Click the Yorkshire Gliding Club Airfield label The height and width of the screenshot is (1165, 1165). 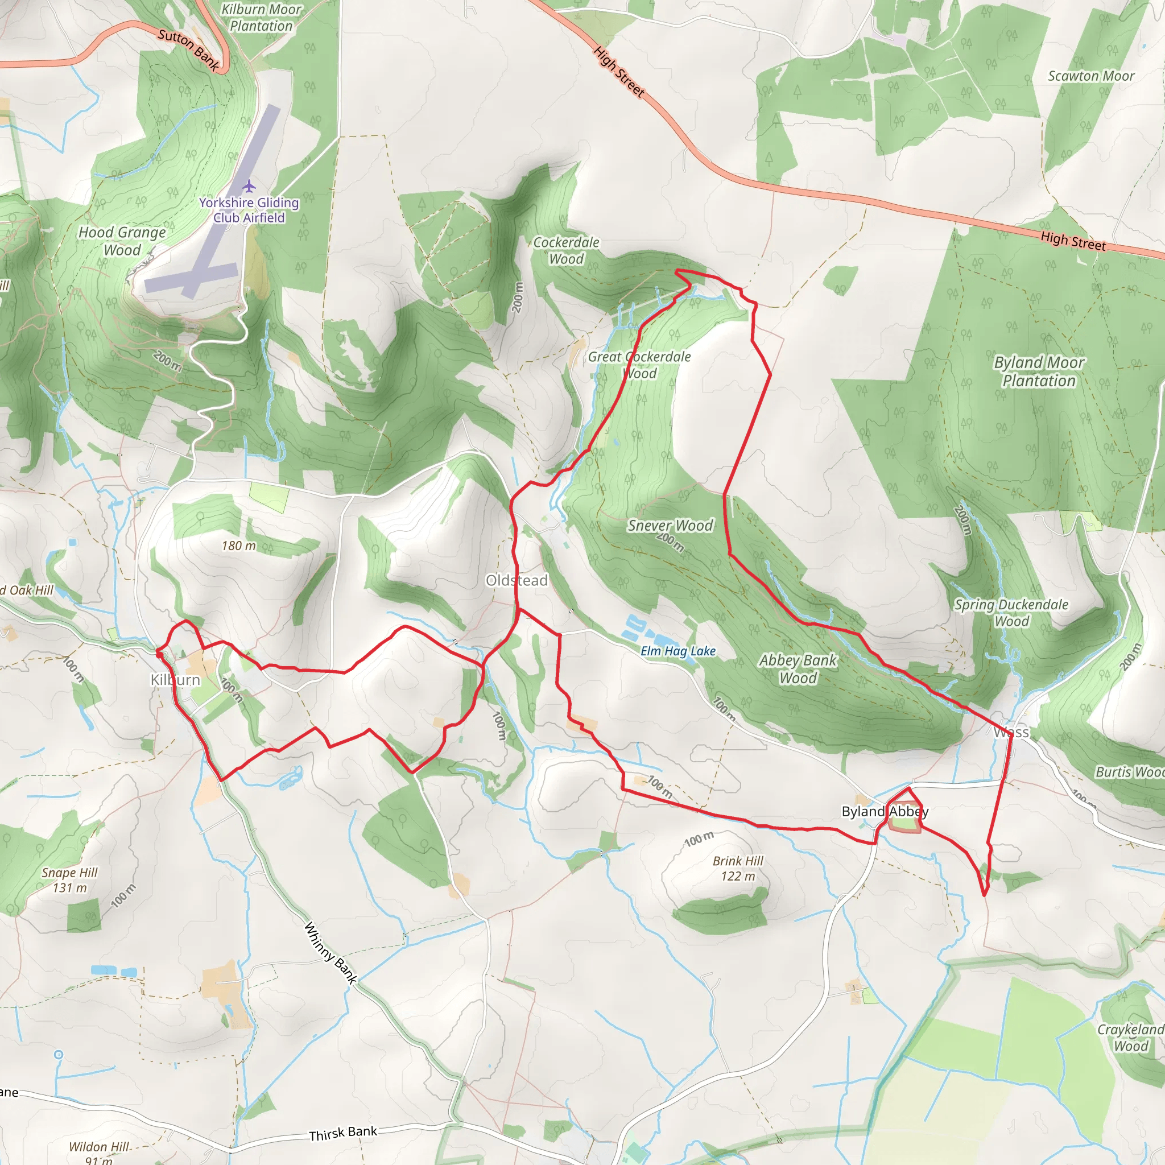tap(249, 210)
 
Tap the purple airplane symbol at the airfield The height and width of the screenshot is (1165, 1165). tap(249, 185)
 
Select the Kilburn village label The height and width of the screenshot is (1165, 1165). tap(175, 680)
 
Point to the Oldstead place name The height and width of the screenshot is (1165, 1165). tap(517, 580)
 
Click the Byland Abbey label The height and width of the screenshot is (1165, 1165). tap(885, 812)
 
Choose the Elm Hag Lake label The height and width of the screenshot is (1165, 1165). tap(677, 651)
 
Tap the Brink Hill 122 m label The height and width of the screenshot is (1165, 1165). tap(738, 868)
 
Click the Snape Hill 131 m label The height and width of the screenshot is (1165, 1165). tap(70, 880)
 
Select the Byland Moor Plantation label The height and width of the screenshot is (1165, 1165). tap(1038, 371)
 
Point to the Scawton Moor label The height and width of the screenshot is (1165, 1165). tap(1091, 76)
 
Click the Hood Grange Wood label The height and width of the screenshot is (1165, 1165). tap(122, 241)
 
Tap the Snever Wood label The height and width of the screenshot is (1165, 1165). tap(670, 526)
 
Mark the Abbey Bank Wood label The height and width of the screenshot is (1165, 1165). tap(798, 669)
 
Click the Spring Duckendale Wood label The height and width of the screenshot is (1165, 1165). tap(1011, 612)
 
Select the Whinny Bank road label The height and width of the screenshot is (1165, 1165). tap(331, 953)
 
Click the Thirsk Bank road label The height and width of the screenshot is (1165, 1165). tap(343, 1133)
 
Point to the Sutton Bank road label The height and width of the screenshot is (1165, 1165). tap(188, 51)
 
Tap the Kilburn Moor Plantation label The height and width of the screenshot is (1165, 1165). tap(261, 18)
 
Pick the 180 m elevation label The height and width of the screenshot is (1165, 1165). tap(239, 546)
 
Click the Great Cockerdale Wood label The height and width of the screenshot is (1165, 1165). tap(639, 365)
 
